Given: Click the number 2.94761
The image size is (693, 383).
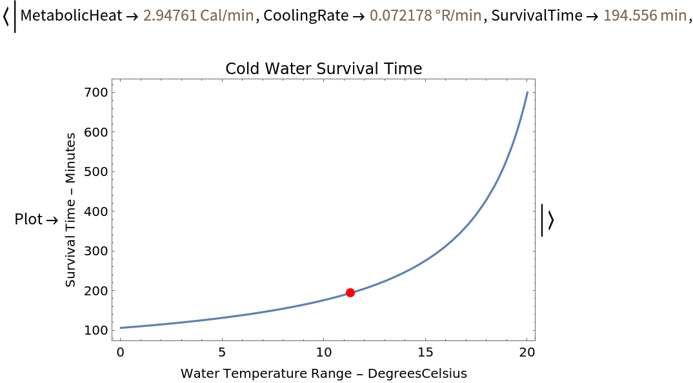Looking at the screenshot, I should click(170, 15).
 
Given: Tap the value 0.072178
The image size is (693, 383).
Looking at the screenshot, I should click(400, 15).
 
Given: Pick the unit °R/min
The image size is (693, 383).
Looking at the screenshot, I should click(458, 15).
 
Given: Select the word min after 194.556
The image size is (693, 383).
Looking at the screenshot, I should click(674, 15).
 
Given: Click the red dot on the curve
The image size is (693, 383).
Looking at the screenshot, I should click(350, 293).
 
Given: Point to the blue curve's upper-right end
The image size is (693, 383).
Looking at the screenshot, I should click(527, 92).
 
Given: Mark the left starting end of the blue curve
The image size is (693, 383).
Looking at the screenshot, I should click(120, 328).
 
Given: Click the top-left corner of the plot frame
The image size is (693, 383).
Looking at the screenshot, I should click(112, 79).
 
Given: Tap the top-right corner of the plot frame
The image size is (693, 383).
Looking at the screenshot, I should click(535, 79).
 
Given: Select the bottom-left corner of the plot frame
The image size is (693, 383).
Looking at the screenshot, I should click(112, 340).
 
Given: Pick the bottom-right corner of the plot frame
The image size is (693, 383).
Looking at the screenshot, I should click(535, 340).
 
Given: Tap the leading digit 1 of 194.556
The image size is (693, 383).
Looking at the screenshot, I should click(607, 15).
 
